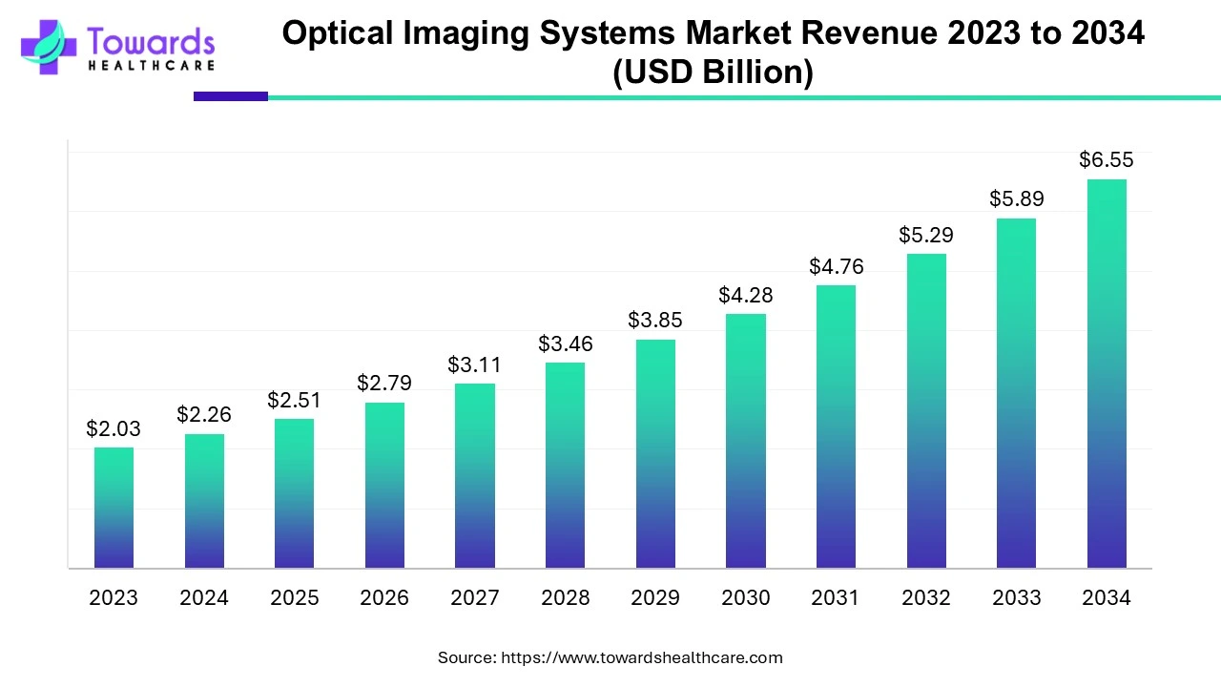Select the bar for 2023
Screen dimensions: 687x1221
(114, 508)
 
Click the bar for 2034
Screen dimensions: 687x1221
(1107, 374)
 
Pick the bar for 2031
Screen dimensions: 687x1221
(836, 427)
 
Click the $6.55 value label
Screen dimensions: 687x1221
(1107, 160)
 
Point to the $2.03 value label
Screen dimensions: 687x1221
(114, 429)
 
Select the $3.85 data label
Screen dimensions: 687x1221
(655, 321)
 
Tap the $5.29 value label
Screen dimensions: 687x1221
(926, 235)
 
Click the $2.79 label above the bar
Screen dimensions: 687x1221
(384, 384)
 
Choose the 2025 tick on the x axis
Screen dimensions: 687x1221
(295, 598)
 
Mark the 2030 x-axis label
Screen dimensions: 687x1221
(745, 598)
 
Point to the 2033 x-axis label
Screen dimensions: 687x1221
(1016, 598)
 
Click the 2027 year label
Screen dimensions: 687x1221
(475, 598)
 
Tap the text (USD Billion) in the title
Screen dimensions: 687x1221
(713, 73)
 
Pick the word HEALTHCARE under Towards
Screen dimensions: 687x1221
(151, 66)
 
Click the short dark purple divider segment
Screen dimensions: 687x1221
(231, 96)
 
